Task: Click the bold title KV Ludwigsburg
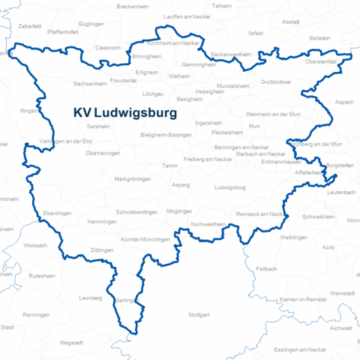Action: pyautogui.click(x=125, y=114)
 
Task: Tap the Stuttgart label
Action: pyautogui.click(x=200, y=314)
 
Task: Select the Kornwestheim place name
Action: pyautogui.click(x=208, y=224)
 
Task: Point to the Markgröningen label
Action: pyautogui.click(x=131, y=180)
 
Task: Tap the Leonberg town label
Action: pyautogui.click(x=89, y=298)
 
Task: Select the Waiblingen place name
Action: pyautogui.click(x=293, y=237)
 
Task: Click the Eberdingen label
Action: pyautogui.click(x=58, y=213)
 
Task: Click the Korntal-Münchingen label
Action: pyautogui.click(x=145, y=238)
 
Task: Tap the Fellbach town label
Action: pyautogui.click(x=266, y=268)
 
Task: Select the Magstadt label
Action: pyautogui.click(x=72, y=343)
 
